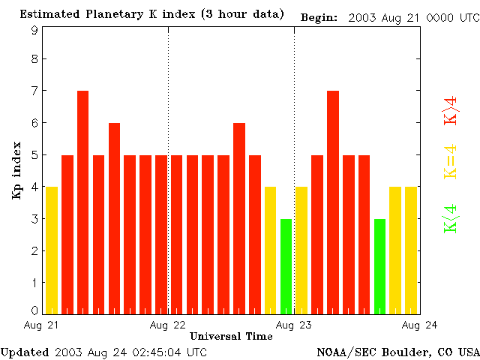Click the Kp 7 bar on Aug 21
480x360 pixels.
click(82, 202)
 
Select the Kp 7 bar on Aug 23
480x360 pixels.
click(333, 202)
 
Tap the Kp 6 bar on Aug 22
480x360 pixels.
click(239, 218)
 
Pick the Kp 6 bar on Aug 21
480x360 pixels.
click(114, 218)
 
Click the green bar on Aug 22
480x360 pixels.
click(286, 266)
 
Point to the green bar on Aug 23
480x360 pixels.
click(379, 266)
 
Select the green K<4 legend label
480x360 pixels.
click(451, 218)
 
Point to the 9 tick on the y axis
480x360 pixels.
click(34, 30)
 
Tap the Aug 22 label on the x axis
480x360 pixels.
click(168, 324)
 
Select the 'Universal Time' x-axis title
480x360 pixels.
click(231, 336)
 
